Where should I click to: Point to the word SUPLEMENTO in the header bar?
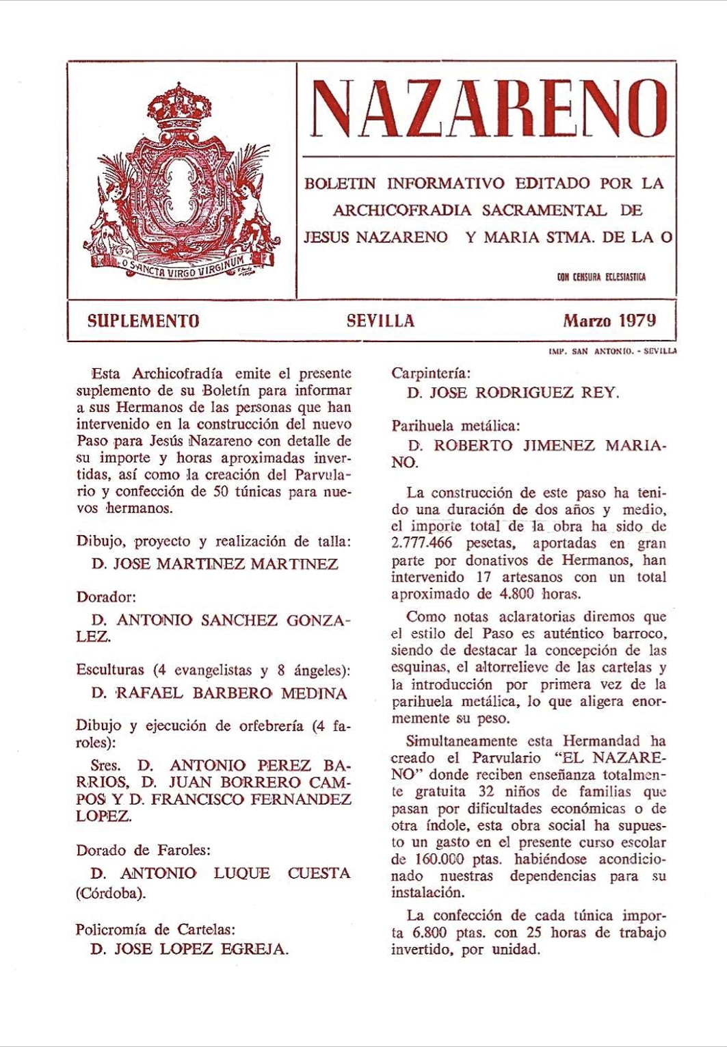tap(144, 321)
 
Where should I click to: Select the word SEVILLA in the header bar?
tap(380, 321)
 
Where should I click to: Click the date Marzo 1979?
tap(609, 320)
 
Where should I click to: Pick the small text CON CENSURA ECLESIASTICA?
tap(601, 277)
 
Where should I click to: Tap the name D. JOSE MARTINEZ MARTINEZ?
tap(215, 565)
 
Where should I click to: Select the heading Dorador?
tap(106, 597)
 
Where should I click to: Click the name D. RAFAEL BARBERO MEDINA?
tap(219, 693)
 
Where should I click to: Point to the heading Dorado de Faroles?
tap(143, 851)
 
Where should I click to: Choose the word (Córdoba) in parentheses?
tap(111, 893)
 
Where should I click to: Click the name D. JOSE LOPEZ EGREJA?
tap(189, 949)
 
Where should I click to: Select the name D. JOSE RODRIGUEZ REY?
tap(513, 393)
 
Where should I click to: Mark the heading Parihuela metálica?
tap(455, 426)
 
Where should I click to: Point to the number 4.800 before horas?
tap(513, 594)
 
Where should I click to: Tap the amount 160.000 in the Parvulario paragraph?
tap(438, 859)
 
